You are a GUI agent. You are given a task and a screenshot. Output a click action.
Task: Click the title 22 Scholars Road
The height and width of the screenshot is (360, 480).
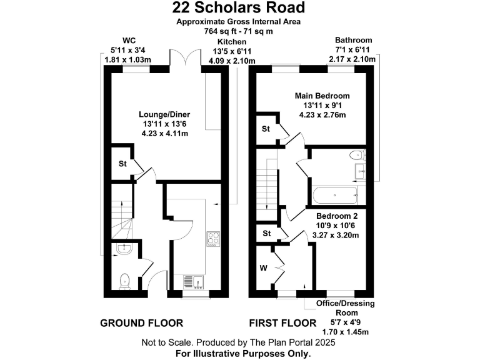pos(240,8)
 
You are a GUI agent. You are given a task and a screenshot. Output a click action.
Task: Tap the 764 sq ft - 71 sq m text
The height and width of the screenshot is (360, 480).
pos(239,31)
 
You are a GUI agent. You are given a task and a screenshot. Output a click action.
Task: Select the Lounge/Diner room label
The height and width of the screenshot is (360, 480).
pos(164,114)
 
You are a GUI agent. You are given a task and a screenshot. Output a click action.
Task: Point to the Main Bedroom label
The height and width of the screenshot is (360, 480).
pos(322,96)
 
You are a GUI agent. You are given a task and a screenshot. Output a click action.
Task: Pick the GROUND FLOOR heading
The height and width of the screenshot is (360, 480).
pos(142,323)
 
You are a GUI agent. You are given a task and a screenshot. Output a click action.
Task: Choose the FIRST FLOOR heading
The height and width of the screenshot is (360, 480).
pos(282,323)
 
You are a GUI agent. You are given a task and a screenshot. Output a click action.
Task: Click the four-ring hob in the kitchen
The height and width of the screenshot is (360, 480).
pos(213,239)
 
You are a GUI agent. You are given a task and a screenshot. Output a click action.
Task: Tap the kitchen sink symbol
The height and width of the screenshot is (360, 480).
pos(191,282)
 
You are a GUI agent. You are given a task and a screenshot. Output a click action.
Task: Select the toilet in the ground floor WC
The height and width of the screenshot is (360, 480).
pos(124,281)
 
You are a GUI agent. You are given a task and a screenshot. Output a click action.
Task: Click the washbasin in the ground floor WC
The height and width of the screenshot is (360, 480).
pos(122,250)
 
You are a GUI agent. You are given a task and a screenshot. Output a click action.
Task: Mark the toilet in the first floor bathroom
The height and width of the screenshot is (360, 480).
pos(358,156)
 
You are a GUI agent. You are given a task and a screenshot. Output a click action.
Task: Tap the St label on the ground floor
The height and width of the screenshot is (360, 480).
pos(122,164)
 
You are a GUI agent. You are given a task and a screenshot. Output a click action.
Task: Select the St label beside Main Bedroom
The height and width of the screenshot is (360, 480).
pos(265,129)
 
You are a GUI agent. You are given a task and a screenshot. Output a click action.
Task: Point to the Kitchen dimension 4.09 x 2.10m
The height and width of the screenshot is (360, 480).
pos(232,61)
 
